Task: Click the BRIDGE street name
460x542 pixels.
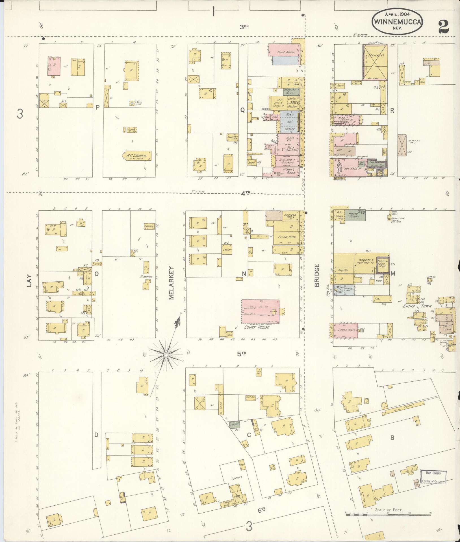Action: point(317,275)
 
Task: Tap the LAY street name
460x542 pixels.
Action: point(29,281)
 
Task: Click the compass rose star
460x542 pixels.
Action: point(166,354)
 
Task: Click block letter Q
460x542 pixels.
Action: point(242,111)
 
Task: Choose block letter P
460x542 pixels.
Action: point(97,107)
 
